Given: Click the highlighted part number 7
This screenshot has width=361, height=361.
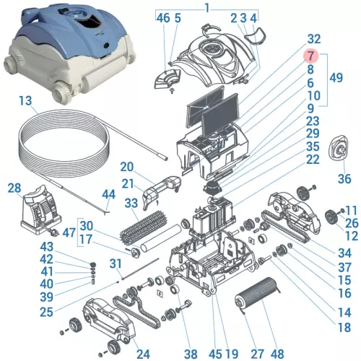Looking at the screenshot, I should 309,56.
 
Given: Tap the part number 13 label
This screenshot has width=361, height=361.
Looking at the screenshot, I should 26,100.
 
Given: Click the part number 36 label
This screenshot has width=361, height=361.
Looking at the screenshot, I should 344,178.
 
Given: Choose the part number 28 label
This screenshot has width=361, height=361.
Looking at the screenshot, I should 14,188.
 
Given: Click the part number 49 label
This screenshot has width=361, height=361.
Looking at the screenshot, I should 335,77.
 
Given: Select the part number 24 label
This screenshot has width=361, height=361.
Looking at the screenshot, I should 143,353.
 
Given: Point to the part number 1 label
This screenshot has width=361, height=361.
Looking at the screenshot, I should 207,7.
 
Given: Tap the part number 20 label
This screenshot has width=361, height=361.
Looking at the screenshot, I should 127,166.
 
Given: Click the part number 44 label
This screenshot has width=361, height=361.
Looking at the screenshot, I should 108,194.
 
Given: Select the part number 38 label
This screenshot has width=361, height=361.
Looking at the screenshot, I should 190,353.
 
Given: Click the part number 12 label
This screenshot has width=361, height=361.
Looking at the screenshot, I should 350,235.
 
